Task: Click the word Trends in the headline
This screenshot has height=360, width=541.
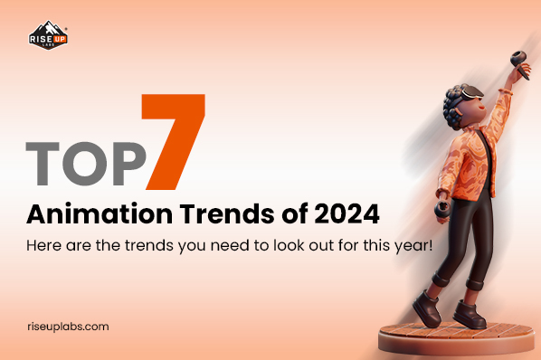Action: pyautogui.click(x=200, y=216)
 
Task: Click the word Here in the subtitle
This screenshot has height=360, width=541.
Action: pyautogui.click(x=41, y=246)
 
